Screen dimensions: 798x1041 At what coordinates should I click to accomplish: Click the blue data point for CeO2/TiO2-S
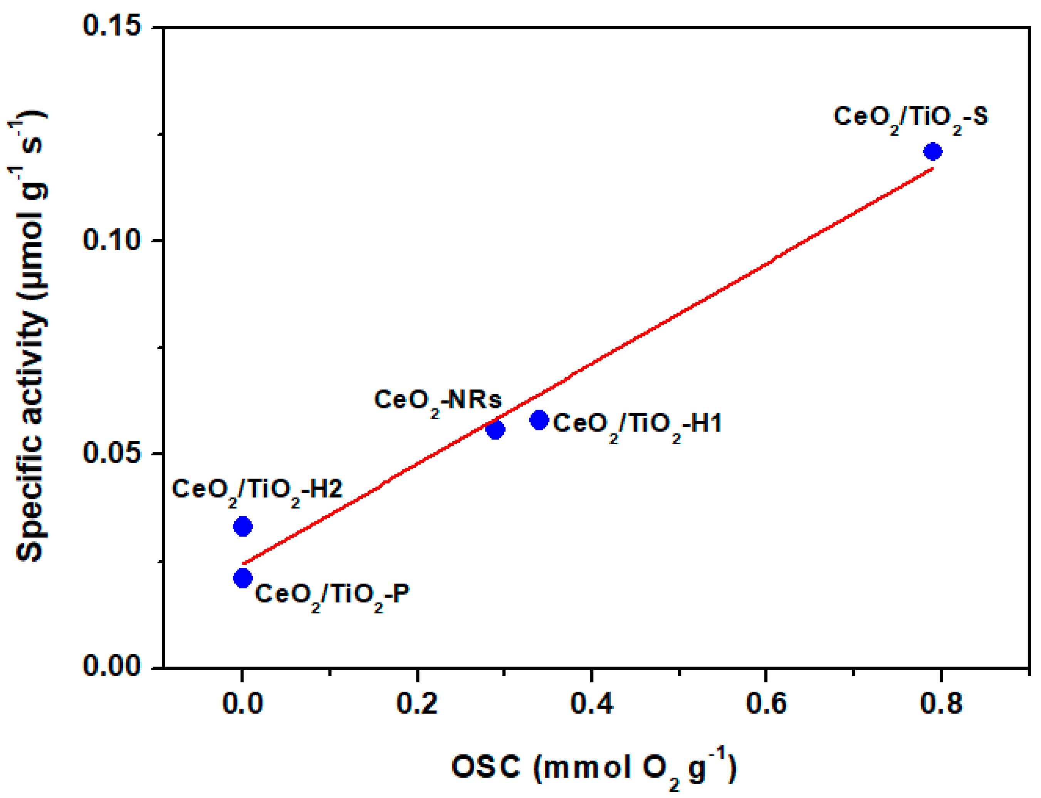(933, 151)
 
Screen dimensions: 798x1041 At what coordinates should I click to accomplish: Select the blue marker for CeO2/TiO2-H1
(539, 420)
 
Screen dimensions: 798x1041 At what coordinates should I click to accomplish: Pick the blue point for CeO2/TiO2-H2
(243, 526)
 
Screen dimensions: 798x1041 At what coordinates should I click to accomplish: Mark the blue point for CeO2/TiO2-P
(243, 578)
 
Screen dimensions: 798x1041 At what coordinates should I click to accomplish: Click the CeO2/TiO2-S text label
(910, 117)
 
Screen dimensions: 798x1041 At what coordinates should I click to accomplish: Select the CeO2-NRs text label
(437, 400)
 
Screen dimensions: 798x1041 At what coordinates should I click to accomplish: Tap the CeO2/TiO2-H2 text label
(257, 490)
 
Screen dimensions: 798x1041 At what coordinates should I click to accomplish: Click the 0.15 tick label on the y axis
(112, 26)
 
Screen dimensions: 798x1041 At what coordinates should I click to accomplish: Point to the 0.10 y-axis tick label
(112, 240)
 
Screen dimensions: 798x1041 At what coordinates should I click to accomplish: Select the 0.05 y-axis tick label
(112, 453)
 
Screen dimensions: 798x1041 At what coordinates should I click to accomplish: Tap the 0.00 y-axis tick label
(112, 667)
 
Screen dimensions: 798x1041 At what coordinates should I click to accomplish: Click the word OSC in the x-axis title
(486, 767)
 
